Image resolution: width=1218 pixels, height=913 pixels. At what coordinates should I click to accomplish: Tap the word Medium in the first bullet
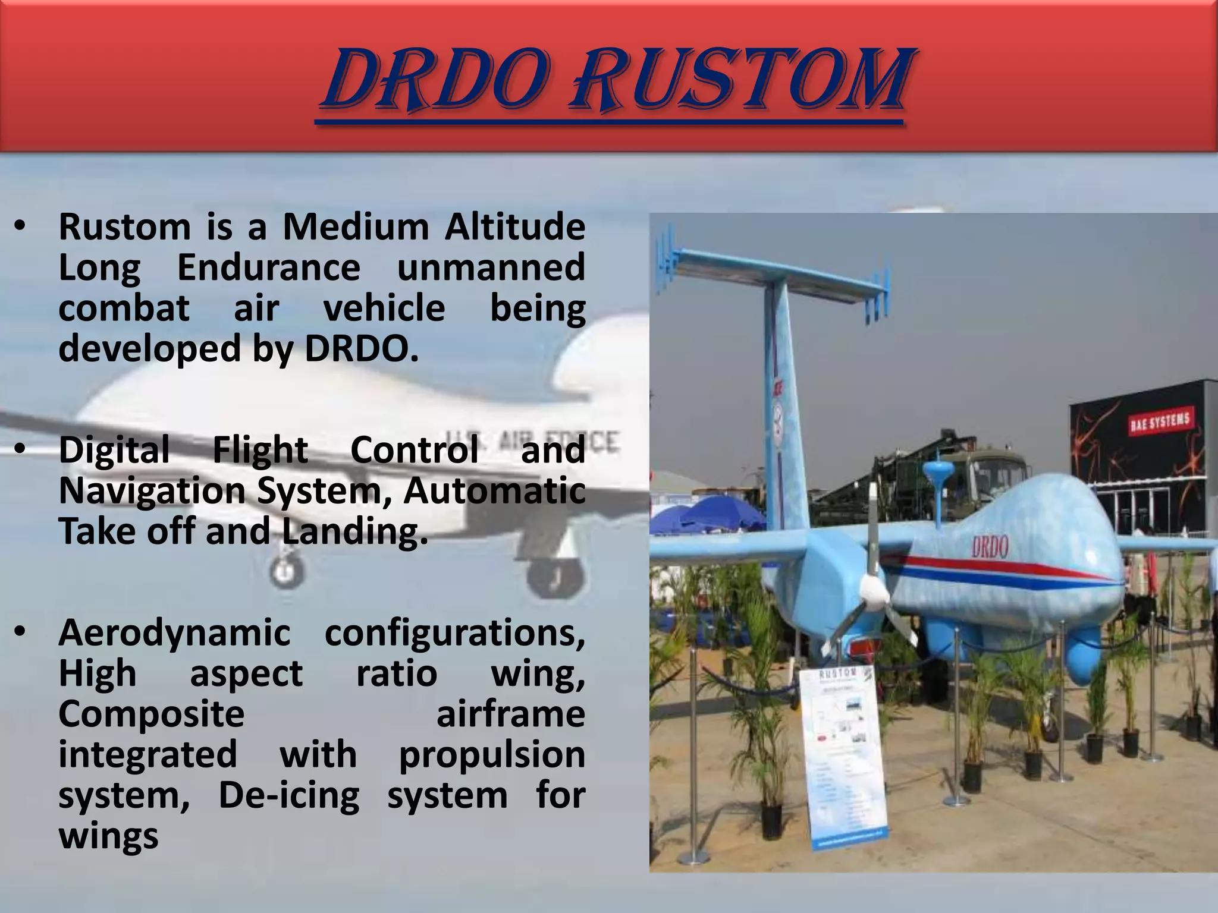[x=356, y=227]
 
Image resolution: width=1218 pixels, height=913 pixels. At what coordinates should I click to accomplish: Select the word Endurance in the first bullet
[x=269, y=267]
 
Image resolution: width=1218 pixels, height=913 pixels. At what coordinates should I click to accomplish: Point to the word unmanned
[x=491, y=267]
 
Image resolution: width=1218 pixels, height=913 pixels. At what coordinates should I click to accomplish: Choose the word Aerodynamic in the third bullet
[x=174, y=633]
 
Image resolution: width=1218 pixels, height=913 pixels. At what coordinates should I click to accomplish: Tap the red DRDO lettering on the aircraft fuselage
[x=990, y=547]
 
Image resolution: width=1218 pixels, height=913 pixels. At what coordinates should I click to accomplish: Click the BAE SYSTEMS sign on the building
[x=1160, y=421]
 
